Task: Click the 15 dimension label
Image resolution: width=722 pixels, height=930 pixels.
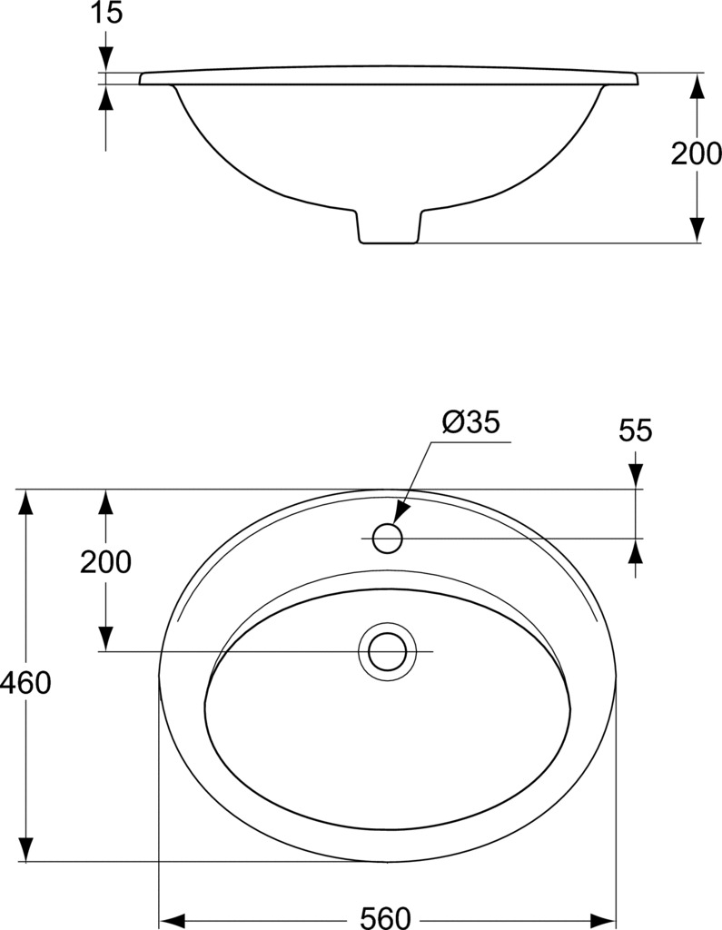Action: [107, 13]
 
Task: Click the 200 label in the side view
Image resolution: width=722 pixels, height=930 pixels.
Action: [696, 153]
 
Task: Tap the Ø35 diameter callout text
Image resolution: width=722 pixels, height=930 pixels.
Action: [471, 422]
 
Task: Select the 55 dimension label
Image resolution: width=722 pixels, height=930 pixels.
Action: [636, 430]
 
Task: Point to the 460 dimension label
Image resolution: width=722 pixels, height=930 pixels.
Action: [25, 683]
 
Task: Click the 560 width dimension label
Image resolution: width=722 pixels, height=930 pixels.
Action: [386, 918]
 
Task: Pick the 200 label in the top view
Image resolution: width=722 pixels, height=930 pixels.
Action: [105, 562]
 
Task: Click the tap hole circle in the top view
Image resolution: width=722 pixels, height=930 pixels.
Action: [388, 539]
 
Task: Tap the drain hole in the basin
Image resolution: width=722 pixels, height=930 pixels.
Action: [388, 651]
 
